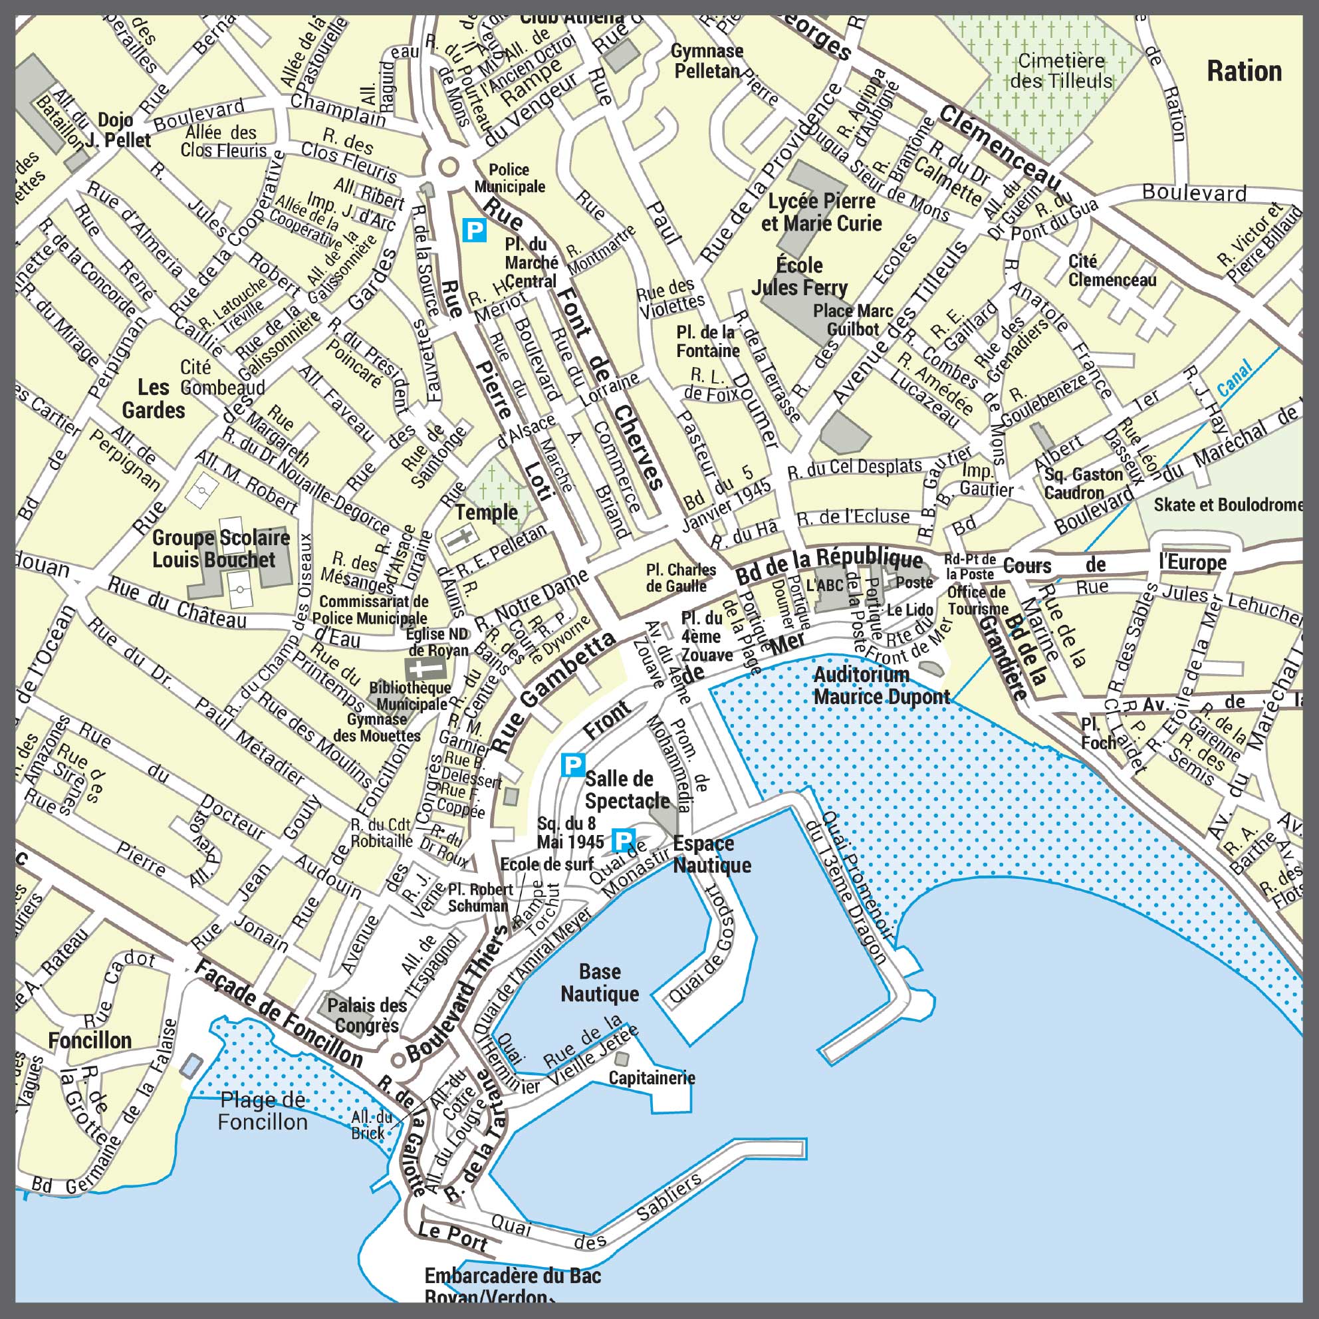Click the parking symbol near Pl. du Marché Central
[x=475, y=229]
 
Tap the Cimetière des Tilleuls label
[x=1061, y=71]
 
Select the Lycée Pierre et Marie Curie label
[x=821, y=212]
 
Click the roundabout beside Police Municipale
[x=449, y=166]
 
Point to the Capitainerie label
[x=652, y=1078]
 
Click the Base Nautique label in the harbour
[x=600, y=983]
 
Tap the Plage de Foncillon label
[x=262, y=1111]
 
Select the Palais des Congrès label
[x=366, y=1015]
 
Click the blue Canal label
[x=1235, y=378]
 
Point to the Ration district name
[x=1244, y=71]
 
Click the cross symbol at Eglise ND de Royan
[x=418, y=668]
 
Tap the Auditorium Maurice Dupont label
[x=882, y=685]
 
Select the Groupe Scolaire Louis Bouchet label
[x=221, y=549]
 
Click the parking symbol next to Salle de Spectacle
[x=572, y=765]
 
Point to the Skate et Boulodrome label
[x=1227, y=505]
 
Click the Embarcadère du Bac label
[x=512, y=1275]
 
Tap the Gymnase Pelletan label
[x=707, y=60]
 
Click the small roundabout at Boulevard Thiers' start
[x=398, y=1060]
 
